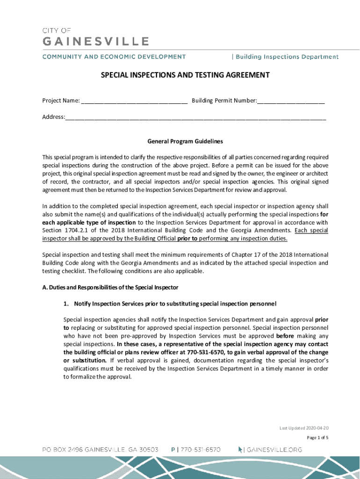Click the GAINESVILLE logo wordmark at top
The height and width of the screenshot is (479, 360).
96,42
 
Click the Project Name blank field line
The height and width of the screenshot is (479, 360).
134,101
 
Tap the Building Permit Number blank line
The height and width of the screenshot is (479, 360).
291,101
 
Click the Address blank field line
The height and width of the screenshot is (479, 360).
195,117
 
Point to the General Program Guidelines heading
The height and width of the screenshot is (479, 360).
185,141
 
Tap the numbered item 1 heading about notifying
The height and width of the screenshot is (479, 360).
170,304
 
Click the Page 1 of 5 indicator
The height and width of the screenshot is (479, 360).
317,438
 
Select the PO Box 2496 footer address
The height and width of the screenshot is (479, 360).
101,450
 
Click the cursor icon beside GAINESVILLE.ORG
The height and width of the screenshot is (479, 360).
241,450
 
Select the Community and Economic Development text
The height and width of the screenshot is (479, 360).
114,57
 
